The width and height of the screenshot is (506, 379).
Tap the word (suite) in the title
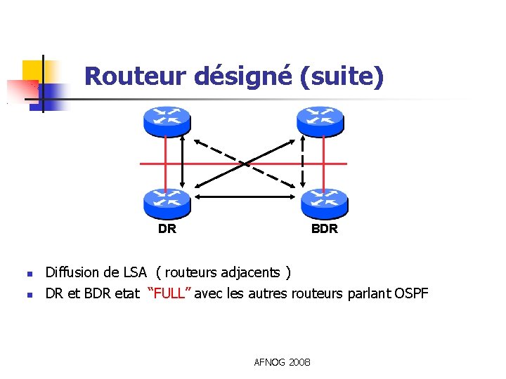342,76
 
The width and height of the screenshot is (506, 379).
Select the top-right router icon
321,121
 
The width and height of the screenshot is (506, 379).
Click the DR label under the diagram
167,229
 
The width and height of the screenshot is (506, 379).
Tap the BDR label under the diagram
325,229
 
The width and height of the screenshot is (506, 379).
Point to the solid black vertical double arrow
182,163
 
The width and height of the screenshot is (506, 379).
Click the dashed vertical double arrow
303,163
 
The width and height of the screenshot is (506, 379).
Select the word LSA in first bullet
135,272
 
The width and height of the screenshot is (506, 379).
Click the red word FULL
169,293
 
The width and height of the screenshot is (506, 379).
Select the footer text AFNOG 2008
283,362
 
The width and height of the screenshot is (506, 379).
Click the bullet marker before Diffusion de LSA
29,274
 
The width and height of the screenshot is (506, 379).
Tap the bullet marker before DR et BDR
29,294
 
